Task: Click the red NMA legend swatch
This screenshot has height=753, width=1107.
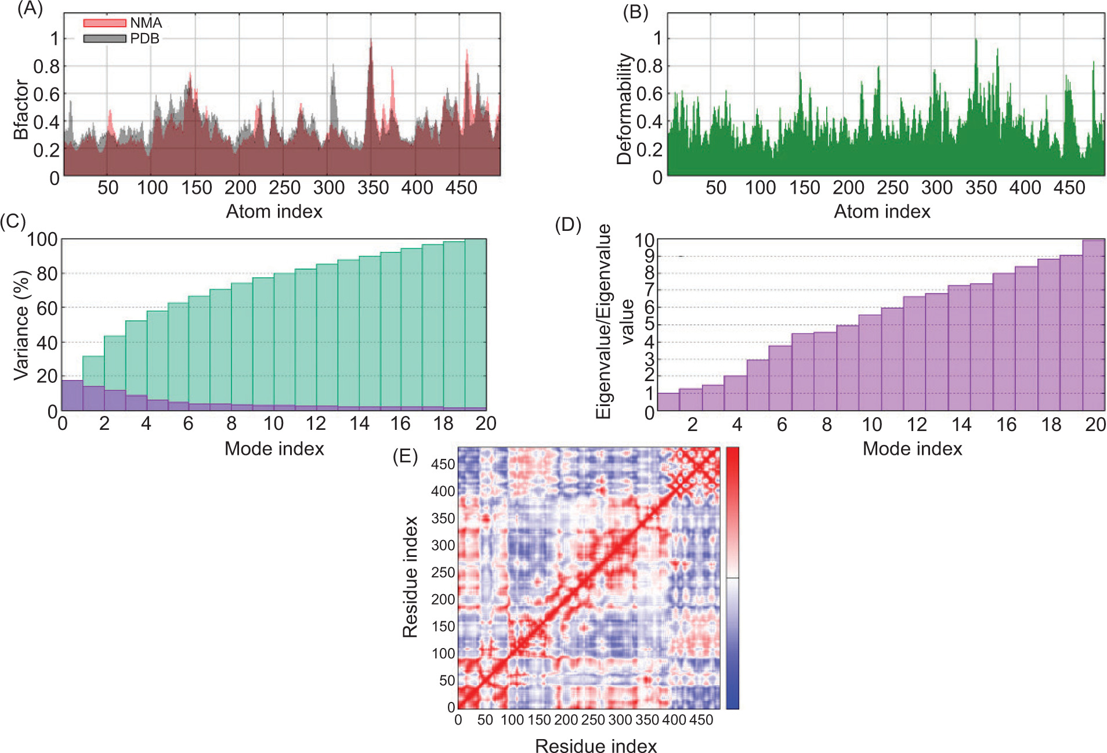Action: (x=104, y=23)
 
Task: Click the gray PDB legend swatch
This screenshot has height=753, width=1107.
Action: (x=104, y=38)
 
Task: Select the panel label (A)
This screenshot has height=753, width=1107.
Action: (x=30, y=9)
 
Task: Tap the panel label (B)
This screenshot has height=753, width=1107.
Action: (x=635, y=12)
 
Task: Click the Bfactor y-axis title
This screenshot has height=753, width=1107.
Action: (x=21, y=110)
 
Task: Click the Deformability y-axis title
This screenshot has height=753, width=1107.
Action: (x=624, y=109)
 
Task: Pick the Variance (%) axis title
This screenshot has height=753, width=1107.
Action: (x=21, y=325)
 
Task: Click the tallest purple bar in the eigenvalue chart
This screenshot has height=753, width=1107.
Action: (x=1093, y=325)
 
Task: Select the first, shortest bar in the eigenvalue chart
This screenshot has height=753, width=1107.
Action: (x=668, y=401)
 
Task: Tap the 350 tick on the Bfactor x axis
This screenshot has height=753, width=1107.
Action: (x=373, y=188)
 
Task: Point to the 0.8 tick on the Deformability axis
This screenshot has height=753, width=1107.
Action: (x=649, y=66)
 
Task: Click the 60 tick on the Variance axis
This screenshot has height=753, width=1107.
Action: (x=46, y=308)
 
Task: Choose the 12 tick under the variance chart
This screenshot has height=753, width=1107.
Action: (x=316, y=423)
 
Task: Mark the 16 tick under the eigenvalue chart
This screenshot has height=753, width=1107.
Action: (x=1006, y=425)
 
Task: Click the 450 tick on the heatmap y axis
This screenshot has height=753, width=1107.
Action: (x=443, y=464)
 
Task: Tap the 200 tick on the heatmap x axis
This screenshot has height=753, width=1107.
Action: (x=566, y=720)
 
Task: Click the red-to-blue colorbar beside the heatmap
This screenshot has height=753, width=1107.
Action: (x=732, y=578)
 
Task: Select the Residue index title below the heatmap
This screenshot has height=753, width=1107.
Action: (x=596, y=746)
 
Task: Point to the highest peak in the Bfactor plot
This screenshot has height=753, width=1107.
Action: (x=371, y=41)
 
